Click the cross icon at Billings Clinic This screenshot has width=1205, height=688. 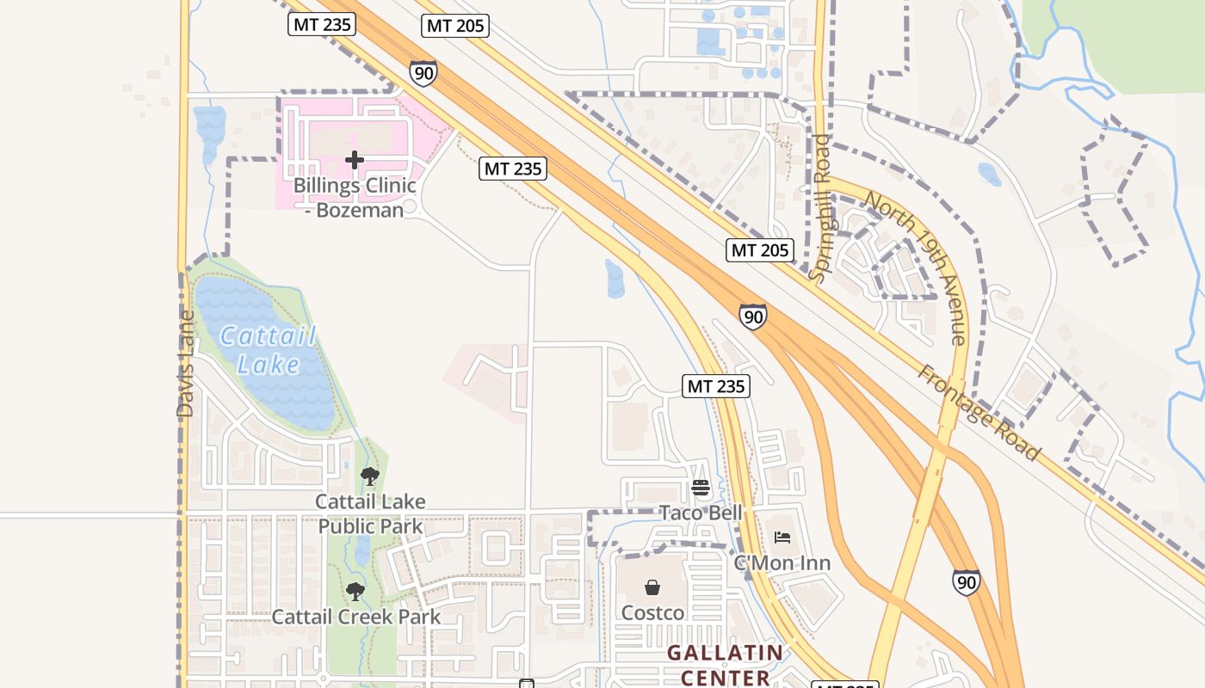pyautogui.click(x=355, y=160)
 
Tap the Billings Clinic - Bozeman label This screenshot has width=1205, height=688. pyautogui.click(x=355, y=197)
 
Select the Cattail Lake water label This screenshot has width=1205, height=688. pyautogui.click(x=268, y=349)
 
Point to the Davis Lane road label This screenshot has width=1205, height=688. pyautogui.click(x=186, y=365)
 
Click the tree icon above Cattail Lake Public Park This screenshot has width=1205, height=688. pyautogui.click(x=370, y=476)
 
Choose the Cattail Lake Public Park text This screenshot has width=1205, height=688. pyautogui.click(x=370, y=513)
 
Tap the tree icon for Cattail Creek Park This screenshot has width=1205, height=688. pyautogui.click(x=355, y=592)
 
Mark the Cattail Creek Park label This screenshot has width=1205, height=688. pyautogui.click(x=356, y=617)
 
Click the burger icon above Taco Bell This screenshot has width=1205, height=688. pyautogui.click(x=700, y=488)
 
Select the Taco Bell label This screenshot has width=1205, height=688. pyautogui.click(x=700, y=513)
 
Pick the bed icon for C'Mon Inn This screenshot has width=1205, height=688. pyautogui.click(x=782, y=538)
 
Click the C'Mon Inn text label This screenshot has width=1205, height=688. pyautogui.click(x=782, y=563)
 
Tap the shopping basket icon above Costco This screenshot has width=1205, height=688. pyautogui.click(x=652, y=588)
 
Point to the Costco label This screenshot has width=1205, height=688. pyautogui.click(x=652, y=613)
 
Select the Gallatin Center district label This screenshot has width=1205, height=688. pyautogui.click(x=726, y=665)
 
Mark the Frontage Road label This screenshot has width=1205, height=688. pyautogui.click(x=978, y=412)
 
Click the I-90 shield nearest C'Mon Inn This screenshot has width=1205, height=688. pyautogui.click(x=966, y=582)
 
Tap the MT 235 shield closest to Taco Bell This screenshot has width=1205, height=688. pyautogui.click(x=717, y=386)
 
